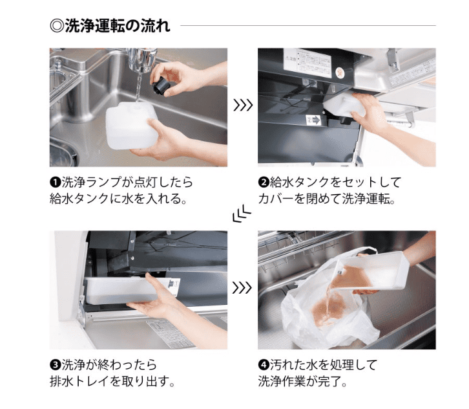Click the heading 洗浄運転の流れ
click(x=118, y=26)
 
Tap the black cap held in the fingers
click(x=162, y=85)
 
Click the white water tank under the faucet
click(x=132, y=126)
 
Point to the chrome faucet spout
click(x=141, y=60)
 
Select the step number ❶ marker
click(x=55, y=182)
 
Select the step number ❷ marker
click(x=264, y=182)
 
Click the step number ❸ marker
click(x=55, y=365)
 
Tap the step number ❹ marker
click(x=264, y=365)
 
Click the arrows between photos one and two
click(x=243, y=105)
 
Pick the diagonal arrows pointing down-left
click(x=242, y=214)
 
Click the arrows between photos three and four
click(x=242, y=288)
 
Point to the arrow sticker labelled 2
click(x=313, y=120)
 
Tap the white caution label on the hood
click(x=307, y=64)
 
